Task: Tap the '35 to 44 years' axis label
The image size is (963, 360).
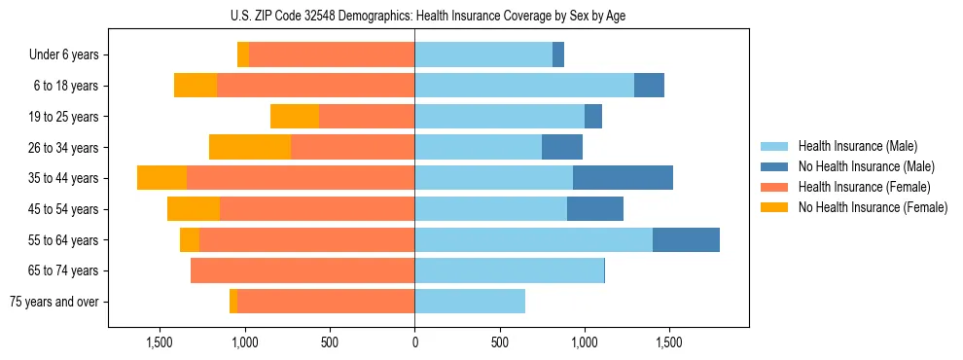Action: click(64, 178)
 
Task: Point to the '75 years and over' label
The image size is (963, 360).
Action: click(54, 302)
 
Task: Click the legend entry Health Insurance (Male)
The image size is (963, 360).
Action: click(858, 146)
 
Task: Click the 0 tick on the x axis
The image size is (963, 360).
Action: click(414, 342)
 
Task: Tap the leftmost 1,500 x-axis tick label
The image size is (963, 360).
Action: click(160, 342)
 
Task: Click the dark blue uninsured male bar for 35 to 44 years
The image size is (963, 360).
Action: click(623, 178)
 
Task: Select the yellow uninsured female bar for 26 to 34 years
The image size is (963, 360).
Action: click(250, 147)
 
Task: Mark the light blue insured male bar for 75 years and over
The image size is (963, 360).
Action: click(470, 302)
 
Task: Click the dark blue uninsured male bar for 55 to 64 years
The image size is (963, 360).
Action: click(686, 239)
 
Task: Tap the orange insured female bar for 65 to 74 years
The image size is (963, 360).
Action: click(303, 270)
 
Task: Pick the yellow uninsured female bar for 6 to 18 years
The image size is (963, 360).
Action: click(196, 86)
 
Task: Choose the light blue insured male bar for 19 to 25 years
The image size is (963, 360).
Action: click(499, 117)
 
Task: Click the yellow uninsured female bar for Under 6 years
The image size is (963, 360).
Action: click(243, 55)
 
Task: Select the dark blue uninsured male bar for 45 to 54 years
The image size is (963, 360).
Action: click(595, 209)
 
